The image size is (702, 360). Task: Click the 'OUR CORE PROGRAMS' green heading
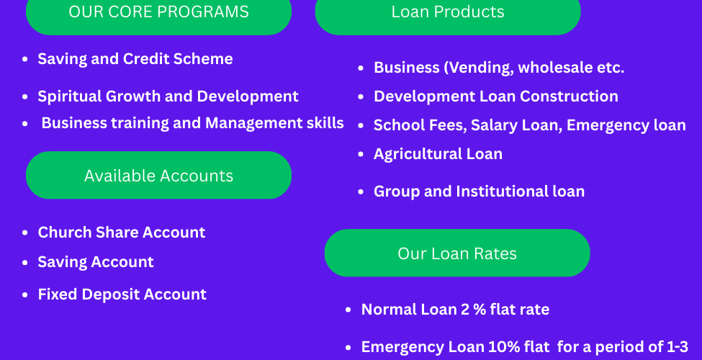coord(158,14)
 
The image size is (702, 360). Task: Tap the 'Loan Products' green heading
coord(448,14)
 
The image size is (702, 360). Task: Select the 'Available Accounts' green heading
coord(158,175)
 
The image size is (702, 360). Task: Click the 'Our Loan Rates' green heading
coord(457,253)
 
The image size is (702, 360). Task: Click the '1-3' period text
coord(678,347)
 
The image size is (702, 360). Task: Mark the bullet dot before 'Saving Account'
coord(25,262)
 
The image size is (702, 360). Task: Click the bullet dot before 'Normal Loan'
coord(348,310)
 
